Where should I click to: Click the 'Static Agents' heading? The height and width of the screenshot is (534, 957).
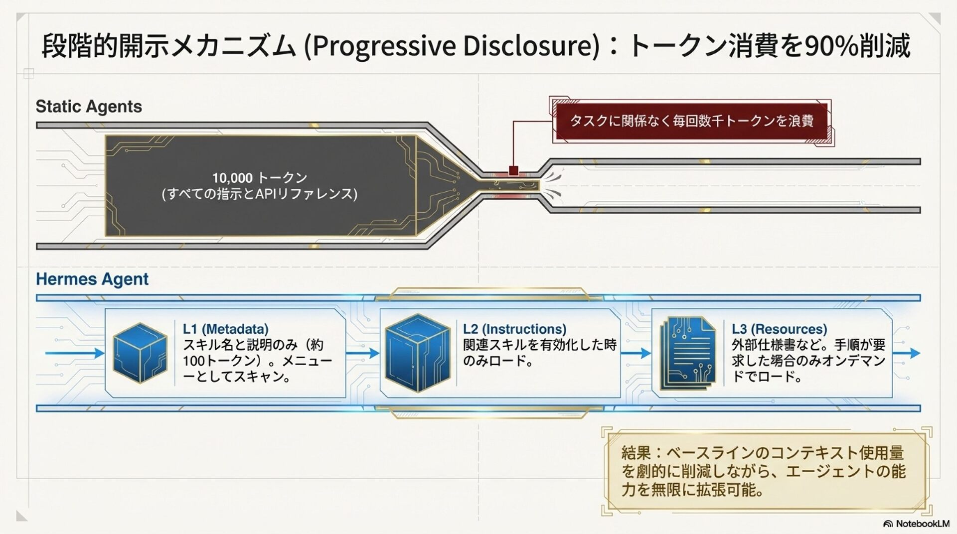click(x=89, y=107)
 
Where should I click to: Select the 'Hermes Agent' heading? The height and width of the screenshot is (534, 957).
click(x=92, y=279)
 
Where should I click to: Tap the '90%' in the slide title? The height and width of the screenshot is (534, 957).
click(x=831, y=46)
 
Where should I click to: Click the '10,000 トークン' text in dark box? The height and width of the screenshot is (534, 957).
click(x=260, y=178)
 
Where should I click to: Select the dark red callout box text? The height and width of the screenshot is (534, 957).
click(x=692, y=121)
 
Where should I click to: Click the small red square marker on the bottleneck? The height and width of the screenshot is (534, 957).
click(x=513, y=171)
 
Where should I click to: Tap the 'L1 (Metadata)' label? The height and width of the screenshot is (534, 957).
click(x=225, y=329)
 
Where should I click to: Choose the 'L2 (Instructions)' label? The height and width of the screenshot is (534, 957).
click(x=514, y=329)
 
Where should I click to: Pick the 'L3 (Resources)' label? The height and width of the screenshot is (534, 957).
click(x=779, y=329)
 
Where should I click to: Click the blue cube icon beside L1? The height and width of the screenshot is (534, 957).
click(x=140, y=353)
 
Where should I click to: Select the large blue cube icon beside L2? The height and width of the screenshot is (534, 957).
click(x=418, y=353)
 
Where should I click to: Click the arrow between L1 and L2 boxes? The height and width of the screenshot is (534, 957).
click(x=363, y=353)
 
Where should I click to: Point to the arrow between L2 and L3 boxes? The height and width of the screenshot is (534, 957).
click(x=636, y=353)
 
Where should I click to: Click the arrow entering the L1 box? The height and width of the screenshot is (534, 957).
click(x=75, y=353)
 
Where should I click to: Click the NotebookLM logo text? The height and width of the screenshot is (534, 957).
click(x=922, y=524)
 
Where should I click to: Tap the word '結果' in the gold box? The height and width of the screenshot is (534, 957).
click(x=636, y=453)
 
